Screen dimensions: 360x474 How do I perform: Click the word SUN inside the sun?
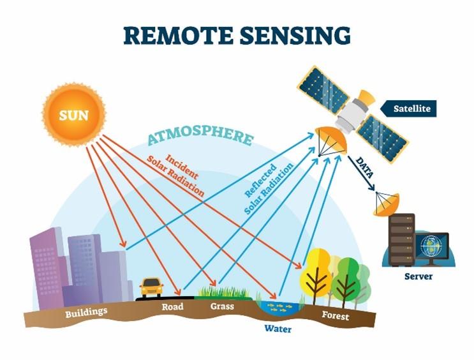click(73, 116)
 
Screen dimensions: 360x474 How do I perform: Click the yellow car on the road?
click(151, 287)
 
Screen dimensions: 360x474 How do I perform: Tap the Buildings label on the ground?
click(85, 313)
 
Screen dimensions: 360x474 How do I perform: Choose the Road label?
click(172, 307)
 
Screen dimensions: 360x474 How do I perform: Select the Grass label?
click(222, 306)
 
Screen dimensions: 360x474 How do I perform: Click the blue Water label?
click(278, 329)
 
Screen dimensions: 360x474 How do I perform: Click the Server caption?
click(418, 276)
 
